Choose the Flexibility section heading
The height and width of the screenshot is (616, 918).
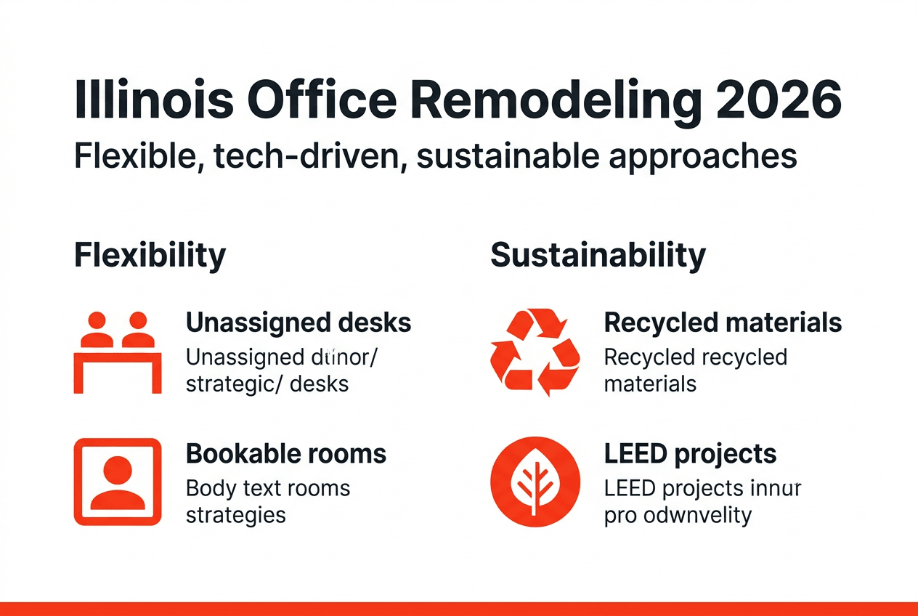click(x=150, y=256)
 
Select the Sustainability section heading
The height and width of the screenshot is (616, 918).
click(x=598, y=256)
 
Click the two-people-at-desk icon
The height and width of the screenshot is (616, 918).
click(x=118, y=352)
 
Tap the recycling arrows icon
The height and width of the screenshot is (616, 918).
click(x=535, y=352)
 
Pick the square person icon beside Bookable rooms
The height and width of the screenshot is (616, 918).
click(x=118, y=481)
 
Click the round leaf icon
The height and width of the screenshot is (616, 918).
click(x=535, y=481)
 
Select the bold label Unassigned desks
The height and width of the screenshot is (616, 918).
click(x=298, y=323)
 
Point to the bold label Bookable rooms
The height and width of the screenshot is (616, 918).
click(x=286, y=454)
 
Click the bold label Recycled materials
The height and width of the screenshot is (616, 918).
click(x=723, y=323)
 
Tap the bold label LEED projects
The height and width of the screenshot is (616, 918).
click(x=690, y=454)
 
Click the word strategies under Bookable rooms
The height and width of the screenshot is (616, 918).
click(x=236, y=515)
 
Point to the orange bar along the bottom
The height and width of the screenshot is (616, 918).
click(x=459, y=609)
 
